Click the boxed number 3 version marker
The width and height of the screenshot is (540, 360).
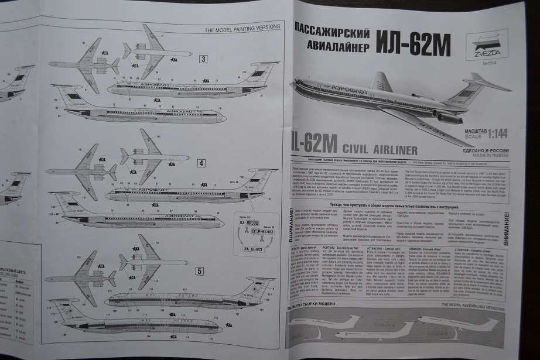(203, 59)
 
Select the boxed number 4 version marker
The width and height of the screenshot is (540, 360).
(201, 163)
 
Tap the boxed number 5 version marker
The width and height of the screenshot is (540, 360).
(199, 271)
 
